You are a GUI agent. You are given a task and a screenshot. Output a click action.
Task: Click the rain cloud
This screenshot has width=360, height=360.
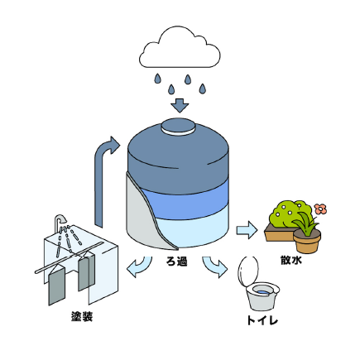coord(180,49)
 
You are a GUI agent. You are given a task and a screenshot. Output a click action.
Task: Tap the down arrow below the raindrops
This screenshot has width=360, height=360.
coord(180,105)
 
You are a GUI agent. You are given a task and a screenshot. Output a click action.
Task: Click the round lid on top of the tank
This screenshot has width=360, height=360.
coord(179,127)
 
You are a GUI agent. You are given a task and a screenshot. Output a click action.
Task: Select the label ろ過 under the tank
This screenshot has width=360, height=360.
coord(177,261)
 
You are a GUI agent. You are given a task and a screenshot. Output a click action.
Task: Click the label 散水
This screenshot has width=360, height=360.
coord(291,260)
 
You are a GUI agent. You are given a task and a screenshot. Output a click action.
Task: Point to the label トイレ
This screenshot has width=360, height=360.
coord(262,320)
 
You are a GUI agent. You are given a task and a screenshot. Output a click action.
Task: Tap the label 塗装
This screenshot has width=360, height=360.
coord(82,316)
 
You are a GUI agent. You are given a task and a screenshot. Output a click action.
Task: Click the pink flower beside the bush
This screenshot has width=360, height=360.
coord(320,209)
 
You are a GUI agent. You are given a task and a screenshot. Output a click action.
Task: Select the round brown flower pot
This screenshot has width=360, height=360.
coord(307,241)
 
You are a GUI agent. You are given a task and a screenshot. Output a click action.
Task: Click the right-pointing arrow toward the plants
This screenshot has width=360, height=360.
coord(247,229)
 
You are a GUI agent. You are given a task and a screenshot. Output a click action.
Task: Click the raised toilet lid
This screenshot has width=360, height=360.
coord(247,271)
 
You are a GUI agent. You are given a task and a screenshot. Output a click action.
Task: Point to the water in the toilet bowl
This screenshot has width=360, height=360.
coord(262,291)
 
